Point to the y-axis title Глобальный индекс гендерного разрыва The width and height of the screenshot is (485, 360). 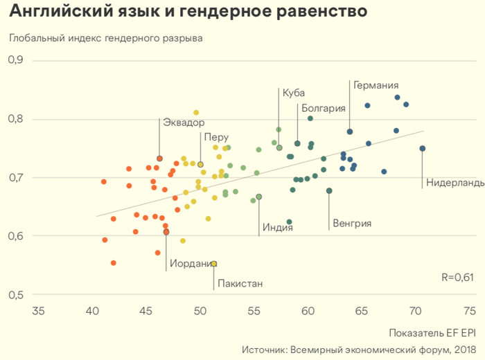coord(105,37)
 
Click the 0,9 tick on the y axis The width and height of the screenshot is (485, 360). coord(15,60)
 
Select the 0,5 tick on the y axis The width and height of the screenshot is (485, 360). coord(15,294)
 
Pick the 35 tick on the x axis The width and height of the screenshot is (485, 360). coord(38,311)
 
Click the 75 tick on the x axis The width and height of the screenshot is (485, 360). coord(470,311)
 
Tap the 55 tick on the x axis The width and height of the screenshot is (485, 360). coord(254,311)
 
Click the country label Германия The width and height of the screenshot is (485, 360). coord(376,86)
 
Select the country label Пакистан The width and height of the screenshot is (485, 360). coord(240,283)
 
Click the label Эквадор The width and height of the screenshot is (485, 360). coord(184,123)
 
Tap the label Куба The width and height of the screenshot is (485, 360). coord(293,93)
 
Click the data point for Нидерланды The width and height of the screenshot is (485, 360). coord(423,148)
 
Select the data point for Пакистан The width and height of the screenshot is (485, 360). coord(214,264)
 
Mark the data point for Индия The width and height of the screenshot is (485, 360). coord(259,197)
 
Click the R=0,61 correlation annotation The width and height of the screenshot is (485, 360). coord(457,278)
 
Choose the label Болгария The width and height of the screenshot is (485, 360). coord(324,108)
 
